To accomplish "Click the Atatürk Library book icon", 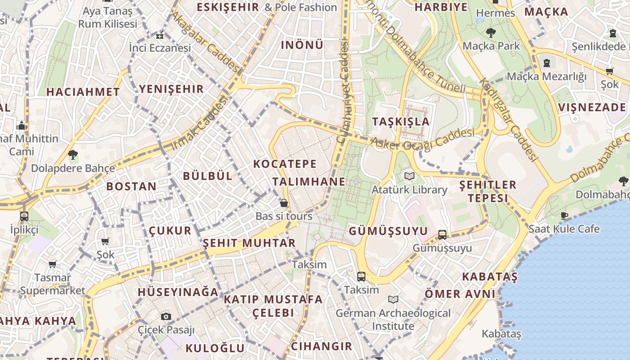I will [409, 176].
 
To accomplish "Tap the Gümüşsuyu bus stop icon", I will [442, 234].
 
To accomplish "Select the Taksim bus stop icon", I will [361, 276].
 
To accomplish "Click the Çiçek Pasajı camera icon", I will [166, 316].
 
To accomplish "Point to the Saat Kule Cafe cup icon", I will [564, 216].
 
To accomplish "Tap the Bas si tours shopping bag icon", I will [284, 203].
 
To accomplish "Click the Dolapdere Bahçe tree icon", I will [72, 155].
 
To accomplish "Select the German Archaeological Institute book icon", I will [393, 299].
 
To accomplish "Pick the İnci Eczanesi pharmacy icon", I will [160, 36].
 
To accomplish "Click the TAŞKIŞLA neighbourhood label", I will [401, 121].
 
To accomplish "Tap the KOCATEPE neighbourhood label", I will [285, 164].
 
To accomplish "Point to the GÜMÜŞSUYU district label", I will [388, 231].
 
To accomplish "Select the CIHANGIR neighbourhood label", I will [321, 346].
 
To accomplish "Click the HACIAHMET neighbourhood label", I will [83, 92].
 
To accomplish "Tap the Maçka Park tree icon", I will [491, 32].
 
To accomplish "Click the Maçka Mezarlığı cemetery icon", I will [547, 63].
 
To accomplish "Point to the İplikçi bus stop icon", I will [24, 216].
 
